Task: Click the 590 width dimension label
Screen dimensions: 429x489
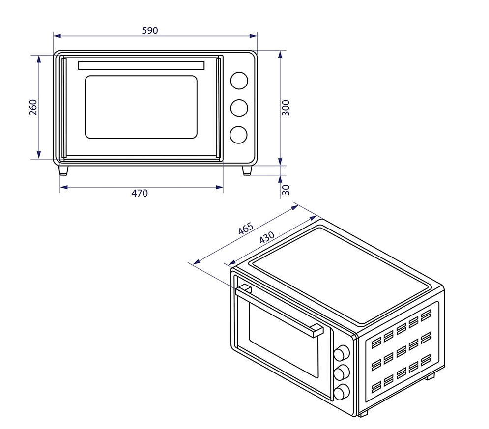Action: point(150,30)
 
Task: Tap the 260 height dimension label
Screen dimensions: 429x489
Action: point(33,107)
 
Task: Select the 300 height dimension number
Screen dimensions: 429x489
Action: point(286,107)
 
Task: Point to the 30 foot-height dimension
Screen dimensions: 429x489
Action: point(286,189)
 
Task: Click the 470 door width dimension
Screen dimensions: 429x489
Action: point(140,193)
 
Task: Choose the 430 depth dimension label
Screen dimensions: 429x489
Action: point(266,237)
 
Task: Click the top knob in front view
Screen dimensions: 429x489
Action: point(239,81)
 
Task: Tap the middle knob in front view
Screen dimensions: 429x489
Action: point(239,108)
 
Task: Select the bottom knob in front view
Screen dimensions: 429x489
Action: point(239,135)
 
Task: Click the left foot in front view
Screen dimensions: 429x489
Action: point(63,170)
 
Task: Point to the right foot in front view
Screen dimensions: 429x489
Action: point(247,170)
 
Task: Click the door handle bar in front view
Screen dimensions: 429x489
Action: point(141,65)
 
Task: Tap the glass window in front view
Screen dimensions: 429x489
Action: point(141,107)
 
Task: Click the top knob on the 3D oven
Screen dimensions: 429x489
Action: point(342,354)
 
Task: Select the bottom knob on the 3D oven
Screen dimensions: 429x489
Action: point(342,392)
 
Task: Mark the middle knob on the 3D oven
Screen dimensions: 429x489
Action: point(342,373)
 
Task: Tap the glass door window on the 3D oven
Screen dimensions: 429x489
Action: point(283,339)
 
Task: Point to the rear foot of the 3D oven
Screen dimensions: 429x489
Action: point(429,376)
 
